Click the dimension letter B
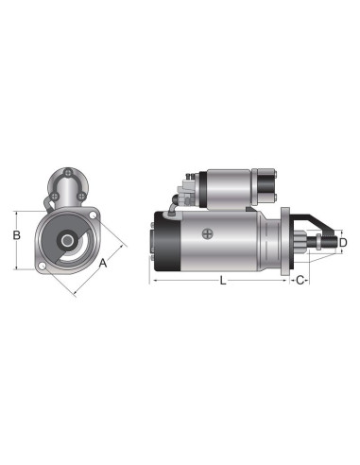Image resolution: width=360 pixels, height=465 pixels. click(x=16, y=236)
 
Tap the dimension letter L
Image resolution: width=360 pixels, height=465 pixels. click(x=222, y=280)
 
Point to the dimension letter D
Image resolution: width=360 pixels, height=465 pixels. click(x=343, y=243)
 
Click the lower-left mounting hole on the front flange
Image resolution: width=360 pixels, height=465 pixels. click(x=43, y=267)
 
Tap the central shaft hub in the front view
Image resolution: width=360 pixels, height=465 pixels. click(x=69, y=241)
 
